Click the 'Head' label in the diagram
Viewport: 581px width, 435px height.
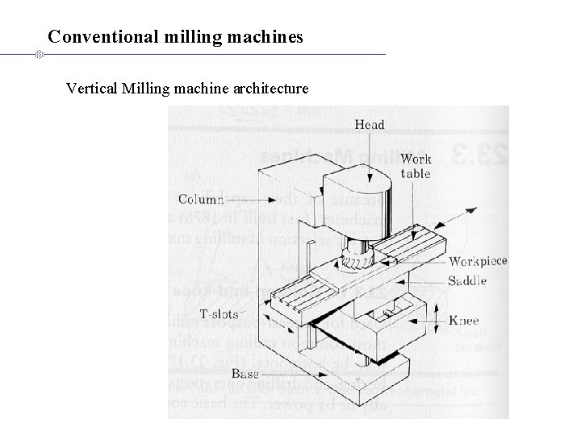point(370,125)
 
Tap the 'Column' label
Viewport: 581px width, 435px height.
point(200,199)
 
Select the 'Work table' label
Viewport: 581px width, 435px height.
point(416,167)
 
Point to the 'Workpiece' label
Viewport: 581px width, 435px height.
point(478,261)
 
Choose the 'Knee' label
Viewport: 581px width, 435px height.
point(464,321)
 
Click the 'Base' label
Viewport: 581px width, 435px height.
point(245,374)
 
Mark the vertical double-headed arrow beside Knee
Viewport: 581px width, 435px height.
point(437,321)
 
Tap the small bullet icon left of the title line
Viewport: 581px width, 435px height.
point(38,55)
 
